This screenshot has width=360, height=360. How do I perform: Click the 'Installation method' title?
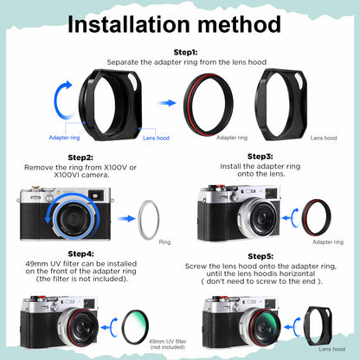click(180, 24)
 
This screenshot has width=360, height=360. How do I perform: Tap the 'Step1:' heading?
click(185, 53)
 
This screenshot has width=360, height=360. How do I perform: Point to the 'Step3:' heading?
click(260, 156)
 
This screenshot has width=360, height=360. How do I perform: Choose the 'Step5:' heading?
click(260, 257)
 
